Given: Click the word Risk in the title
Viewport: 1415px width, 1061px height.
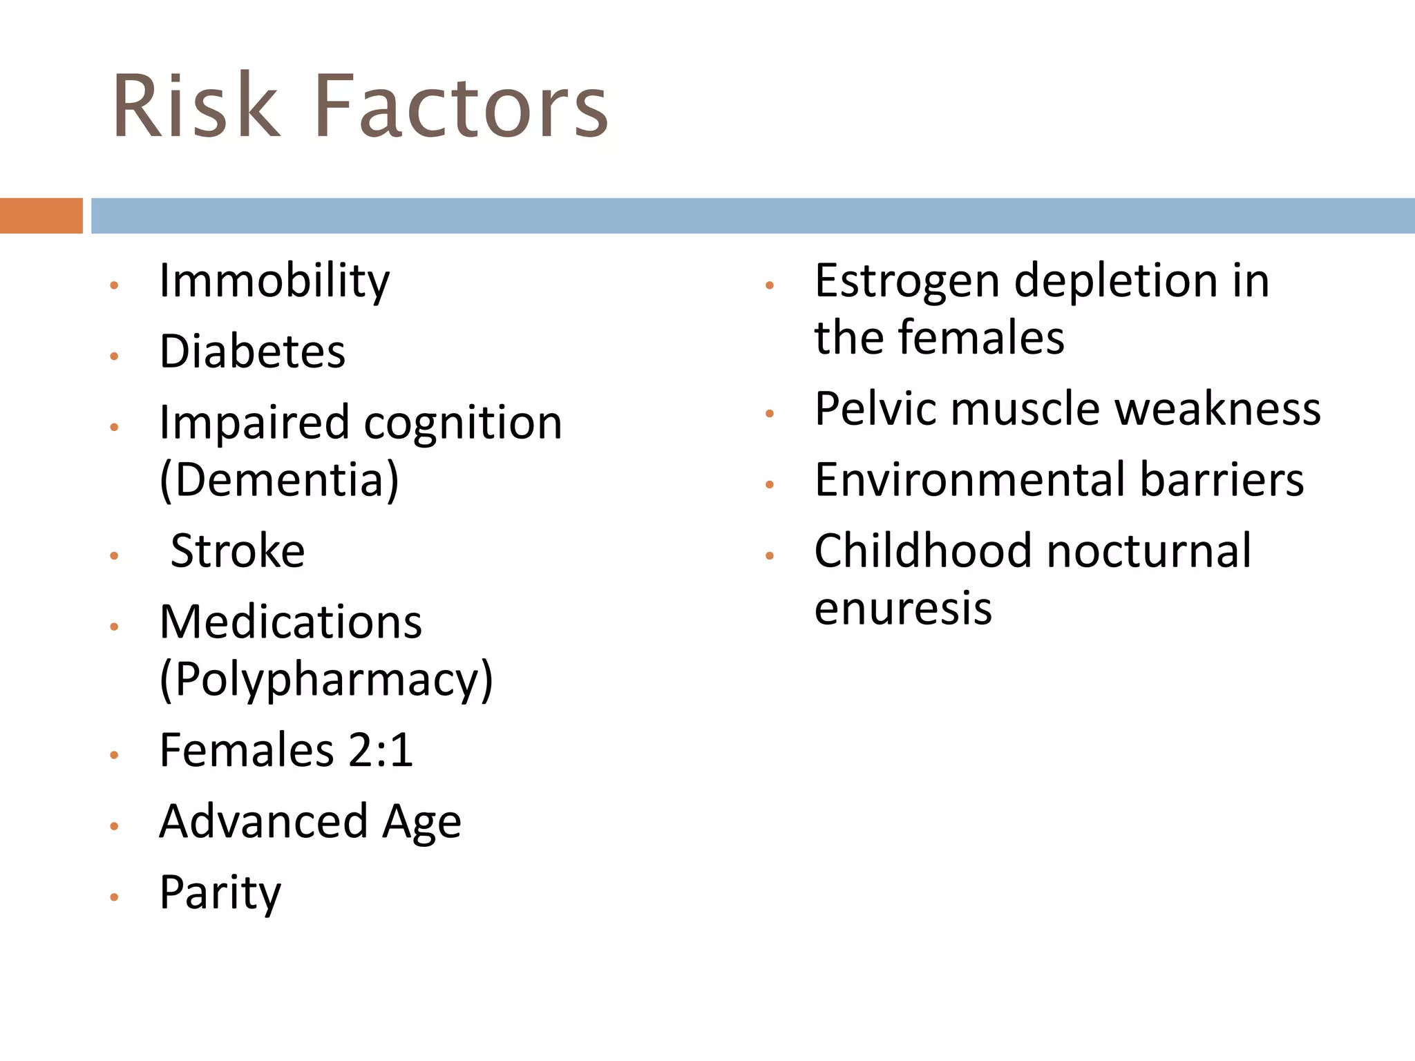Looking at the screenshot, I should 196,107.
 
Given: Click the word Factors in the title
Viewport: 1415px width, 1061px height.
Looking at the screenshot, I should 461,107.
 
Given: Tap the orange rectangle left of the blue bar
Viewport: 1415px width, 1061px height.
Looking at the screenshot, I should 41,216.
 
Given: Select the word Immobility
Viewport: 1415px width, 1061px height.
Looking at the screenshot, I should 274,282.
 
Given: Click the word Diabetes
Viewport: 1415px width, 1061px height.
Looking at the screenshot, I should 252,352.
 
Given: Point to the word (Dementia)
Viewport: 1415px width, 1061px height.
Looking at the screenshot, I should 279,480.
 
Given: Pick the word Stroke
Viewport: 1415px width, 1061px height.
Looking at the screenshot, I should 238,551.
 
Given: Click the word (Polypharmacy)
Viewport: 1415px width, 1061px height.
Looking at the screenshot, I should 326,680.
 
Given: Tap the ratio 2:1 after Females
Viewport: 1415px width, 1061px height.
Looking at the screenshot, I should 381,750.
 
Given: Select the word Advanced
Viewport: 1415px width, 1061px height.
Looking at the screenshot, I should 263,821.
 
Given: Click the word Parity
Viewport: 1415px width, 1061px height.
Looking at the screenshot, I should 220,893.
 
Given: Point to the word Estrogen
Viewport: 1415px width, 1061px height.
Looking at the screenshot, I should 907,282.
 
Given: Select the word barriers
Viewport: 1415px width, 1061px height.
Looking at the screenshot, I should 1222,479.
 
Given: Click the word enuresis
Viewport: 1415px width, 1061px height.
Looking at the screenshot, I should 903,609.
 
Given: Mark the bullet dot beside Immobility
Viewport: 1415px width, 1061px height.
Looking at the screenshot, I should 115,285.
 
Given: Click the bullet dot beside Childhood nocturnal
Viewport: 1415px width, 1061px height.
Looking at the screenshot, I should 770,555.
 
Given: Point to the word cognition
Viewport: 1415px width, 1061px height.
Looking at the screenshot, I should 463,423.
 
